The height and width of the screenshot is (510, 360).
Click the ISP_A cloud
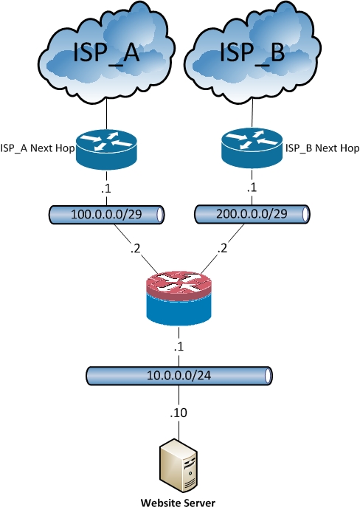107,52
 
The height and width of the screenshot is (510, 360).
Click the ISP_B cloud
253,52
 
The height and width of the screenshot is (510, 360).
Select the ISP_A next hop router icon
107,148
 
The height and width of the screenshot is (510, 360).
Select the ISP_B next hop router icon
252,148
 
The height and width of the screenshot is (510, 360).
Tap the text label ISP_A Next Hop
38,148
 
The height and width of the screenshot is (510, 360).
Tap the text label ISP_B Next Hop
322,148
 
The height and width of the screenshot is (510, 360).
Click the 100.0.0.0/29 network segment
107,215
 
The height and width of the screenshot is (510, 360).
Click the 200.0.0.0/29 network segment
252,214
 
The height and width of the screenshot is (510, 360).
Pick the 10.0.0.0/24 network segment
179,376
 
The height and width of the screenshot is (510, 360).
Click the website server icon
179,466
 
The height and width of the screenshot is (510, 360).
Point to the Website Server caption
179,503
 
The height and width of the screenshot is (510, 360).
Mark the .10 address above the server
179,413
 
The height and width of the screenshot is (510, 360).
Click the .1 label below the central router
179,347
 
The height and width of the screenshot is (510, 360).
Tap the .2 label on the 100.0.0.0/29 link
134,248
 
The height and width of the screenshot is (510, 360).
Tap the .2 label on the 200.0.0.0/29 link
221,248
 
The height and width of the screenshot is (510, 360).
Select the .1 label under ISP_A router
106,188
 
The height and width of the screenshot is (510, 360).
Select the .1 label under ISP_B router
252,187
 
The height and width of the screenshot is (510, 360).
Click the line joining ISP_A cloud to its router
107,115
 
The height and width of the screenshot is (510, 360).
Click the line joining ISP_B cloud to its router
252,113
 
